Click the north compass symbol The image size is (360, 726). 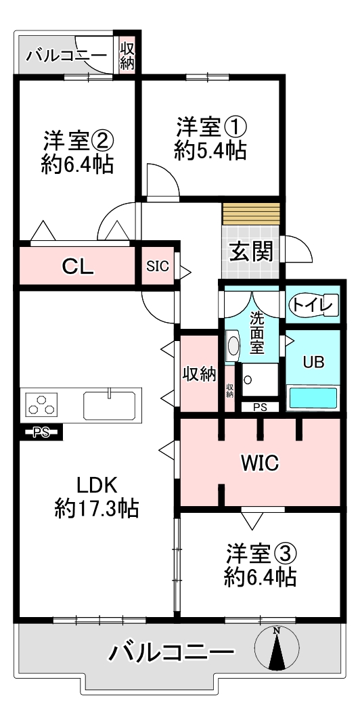tap(277, 648)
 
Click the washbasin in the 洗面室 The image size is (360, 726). tap(233, 345)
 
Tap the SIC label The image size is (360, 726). tap(158, 267)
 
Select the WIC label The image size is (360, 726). tap(259, 462)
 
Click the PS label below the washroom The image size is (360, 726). tap(261, 407)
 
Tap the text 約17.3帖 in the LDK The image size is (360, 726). tap(96, 509)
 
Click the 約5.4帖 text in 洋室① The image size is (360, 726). tap(210, 150)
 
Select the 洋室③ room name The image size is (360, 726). tap(260, 554)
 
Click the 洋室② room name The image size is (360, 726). tap(77, 141)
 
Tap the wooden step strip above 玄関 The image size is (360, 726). tap(251, 213)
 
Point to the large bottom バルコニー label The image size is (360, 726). tap(171, 654)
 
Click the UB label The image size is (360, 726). tap(313, 363)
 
